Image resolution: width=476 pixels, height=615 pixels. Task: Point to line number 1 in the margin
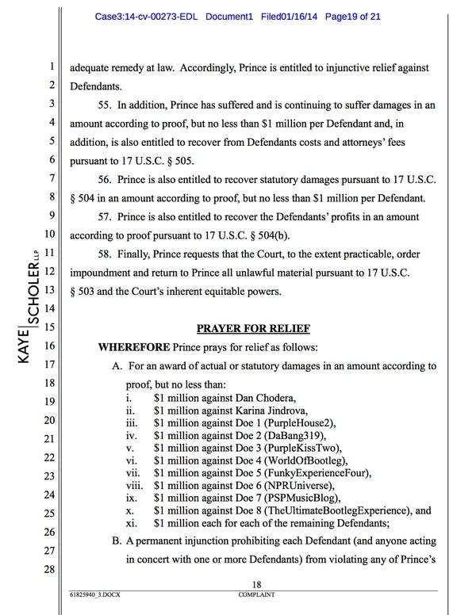click(49, 67)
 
